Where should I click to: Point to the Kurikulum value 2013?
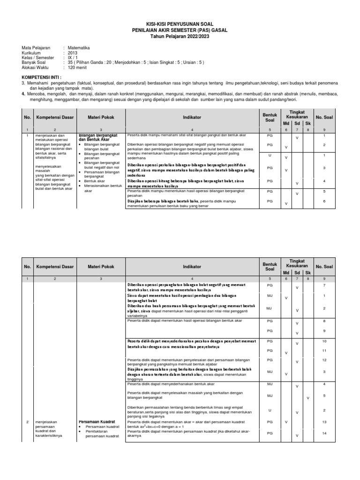pos(73,53)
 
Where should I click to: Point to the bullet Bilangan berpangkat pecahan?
pos(101,156)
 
